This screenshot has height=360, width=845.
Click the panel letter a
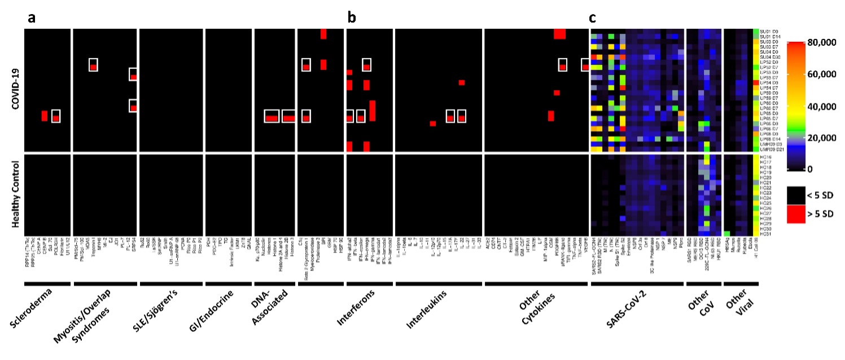pyautogui.click(x=32, y=18)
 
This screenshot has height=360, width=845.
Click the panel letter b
pyautogui.click(x=352, y=18)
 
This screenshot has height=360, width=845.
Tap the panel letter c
pyautogui.click(x=592, y=18)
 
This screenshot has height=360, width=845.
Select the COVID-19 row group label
pyautogui.click(x=16, y=90)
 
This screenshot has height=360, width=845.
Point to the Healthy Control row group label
pyautogui.click(x=16, y=195)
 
